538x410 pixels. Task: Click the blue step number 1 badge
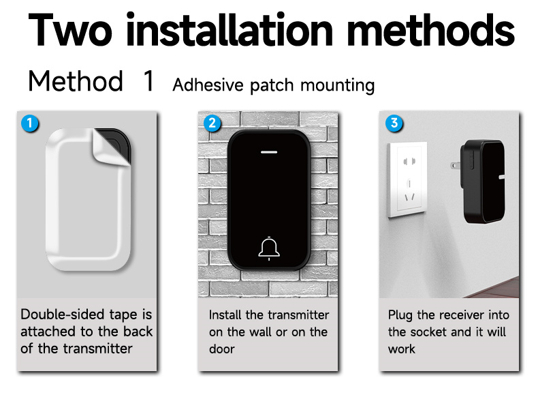30,123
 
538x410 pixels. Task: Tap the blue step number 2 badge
212,123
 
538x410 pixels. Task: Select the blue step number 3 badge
394,123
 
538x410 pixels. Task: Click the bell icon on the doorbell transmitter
269,248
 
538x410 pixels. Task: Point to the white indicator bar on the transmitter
269,152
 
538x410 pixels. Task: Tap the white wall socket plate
408,179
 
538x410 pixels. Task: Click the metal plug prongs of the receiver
456,166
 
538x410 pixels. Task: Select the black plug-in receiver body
483,181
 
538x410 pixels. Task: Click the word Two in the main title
70,30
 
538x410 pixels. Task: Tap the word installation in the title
230,29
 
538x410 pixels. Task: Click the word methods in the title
430,30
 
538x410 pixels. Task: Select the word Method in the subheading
76,81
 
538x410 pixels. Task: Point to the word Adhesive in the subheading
208,85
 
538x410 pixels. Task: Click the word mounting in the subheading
337,85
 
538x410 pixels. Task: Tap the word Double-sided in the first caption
62,314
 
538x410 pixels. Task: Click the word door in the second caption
221,349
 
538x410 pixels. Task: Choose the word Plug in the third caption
400,315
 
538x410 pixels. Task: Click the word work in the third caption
401,349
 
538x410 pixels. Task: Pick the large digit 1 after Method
149,80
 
